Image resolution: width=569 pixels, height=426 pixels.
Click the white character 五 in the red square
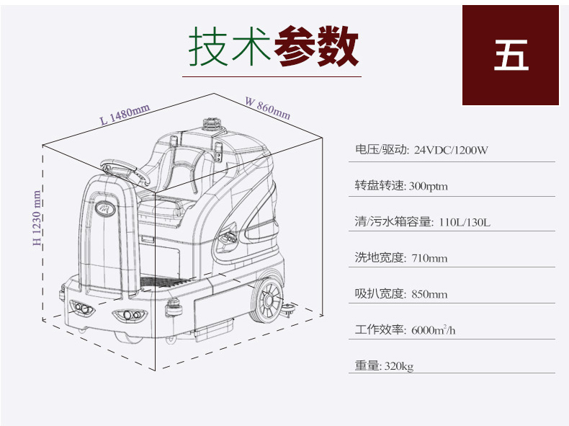coord(511,56)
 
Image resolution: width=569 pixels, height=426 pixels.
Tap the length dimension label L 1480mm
coord(125,114)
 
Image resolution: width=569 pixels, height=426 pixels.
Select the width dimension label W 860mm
coord(268,108)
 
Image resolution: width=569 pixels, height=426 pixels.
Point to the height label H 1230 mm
coord(37,218)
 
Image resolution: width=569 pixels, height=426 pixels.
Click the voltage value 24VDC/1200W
coord(451,150)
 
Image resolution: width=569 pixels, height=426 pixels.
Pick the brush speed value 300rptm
coord(429,186)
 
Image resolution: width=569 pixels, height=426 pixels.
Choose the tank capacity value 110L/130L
coord(465,222)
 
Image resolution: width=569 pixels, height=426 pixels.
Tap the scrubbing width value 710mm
coord(429,258)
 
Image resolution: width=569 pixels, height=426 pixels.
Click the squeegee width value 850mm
coord(429,294)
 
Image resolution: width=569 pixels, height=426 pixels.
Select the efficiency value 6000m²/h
coord(434,329)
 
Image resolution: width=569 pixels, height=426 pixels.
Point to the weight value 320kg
coord(398,366)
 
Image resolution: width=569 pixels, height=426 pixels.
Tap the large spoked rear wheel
coord(268,300)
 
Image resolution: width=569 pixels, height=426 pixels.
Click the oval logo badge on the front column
coord(105,208)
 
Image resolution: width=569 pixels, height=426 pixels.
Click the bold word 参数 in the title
coord(316,46)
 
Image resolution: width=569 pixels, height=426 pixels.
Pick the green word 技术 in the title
coord(230,46)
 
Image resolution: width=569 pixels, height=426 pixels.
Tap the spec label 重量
coord(367,365)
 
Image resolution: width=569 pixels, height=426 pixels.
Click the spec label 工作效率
coord(379,329)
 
